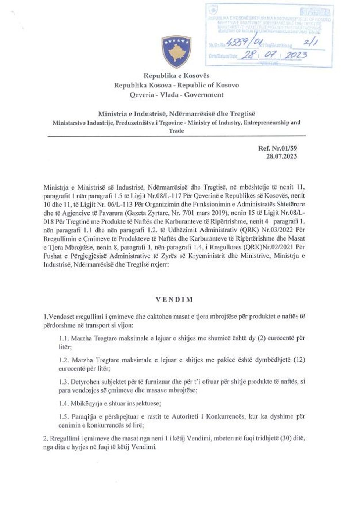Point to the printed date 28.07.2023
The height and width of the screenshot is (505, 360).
tap(282, 156)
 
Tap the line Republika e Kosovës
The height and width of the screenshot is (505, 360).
tap(176, 76)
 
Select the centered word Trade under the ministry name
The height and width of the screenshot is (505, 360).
tap(176, 130)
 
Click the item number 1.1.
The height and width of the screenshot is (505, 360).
tap(64, 338)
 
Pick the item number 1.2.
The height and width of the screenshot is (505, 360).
tap(64, 360)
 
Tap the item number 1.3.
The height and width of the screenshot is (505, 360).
tap(64, 382)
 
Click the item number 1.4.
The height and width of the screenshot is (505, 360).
tap(64, 403)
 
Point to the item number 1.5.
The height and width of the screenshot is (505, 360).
tap(64, 417)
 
